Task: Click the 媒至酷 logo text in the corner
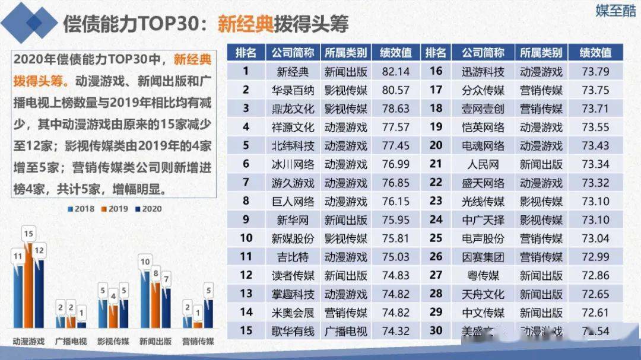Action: [615, 11]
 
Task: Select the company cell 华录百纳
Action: [293, 90]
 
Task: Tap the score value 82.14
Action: [396, 72]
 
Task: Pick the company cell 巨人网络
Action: [293, 201]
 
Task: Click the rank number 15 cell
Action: [246, 331]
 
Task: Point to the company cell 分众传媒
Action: [483, 90]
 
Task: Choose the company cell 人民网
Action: [483, 164]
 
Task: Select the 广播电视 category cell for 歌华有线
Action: [345, 331]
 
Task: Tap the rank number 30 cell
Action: [436, 331]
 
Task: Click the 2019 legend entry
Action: [115, 209]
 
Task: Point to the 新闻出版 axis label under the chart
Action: [156, 342]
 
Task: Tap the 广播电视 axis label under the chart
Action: [71, 342]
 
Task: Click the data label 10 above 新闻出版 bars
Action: [144, 262]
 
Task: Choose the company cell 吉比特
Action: [293, 257]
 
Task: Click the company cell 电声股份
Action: [483, 238]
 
